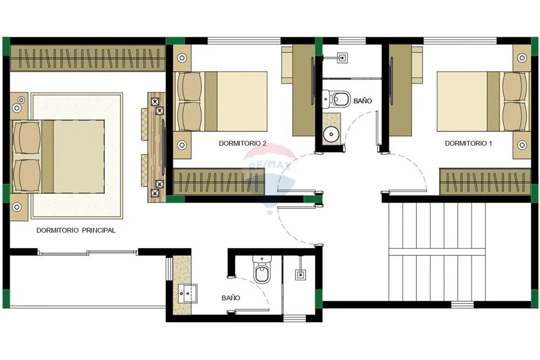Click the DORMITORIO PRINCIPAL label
point(76,230)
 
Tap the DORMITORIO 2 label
point(242,143)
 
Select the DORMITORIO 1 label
point(468,143)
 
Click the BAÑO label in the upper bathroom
point(363,101)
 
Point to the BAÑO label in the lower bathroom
point(231,298)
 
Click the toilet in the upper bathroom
point(336,99)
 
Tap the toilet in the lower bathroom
point(262,269)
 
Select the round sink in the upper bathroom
point(332,134)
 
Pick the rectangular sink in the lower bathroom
point(188,294)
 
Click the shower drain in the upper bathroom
point(342,58)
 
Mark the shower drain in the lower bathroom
point(301,275)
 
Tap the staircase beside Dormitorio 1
point(437,252)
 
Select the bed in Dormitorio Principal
point(58,157)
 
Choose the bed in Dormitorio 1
point(483,101)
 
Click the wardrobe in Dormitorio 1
point(485,182)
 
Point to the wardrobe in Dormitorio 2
point(219,182)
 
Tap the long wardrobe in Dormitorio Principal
point(88,58)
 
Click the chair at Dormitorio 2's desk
point(288,65)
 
